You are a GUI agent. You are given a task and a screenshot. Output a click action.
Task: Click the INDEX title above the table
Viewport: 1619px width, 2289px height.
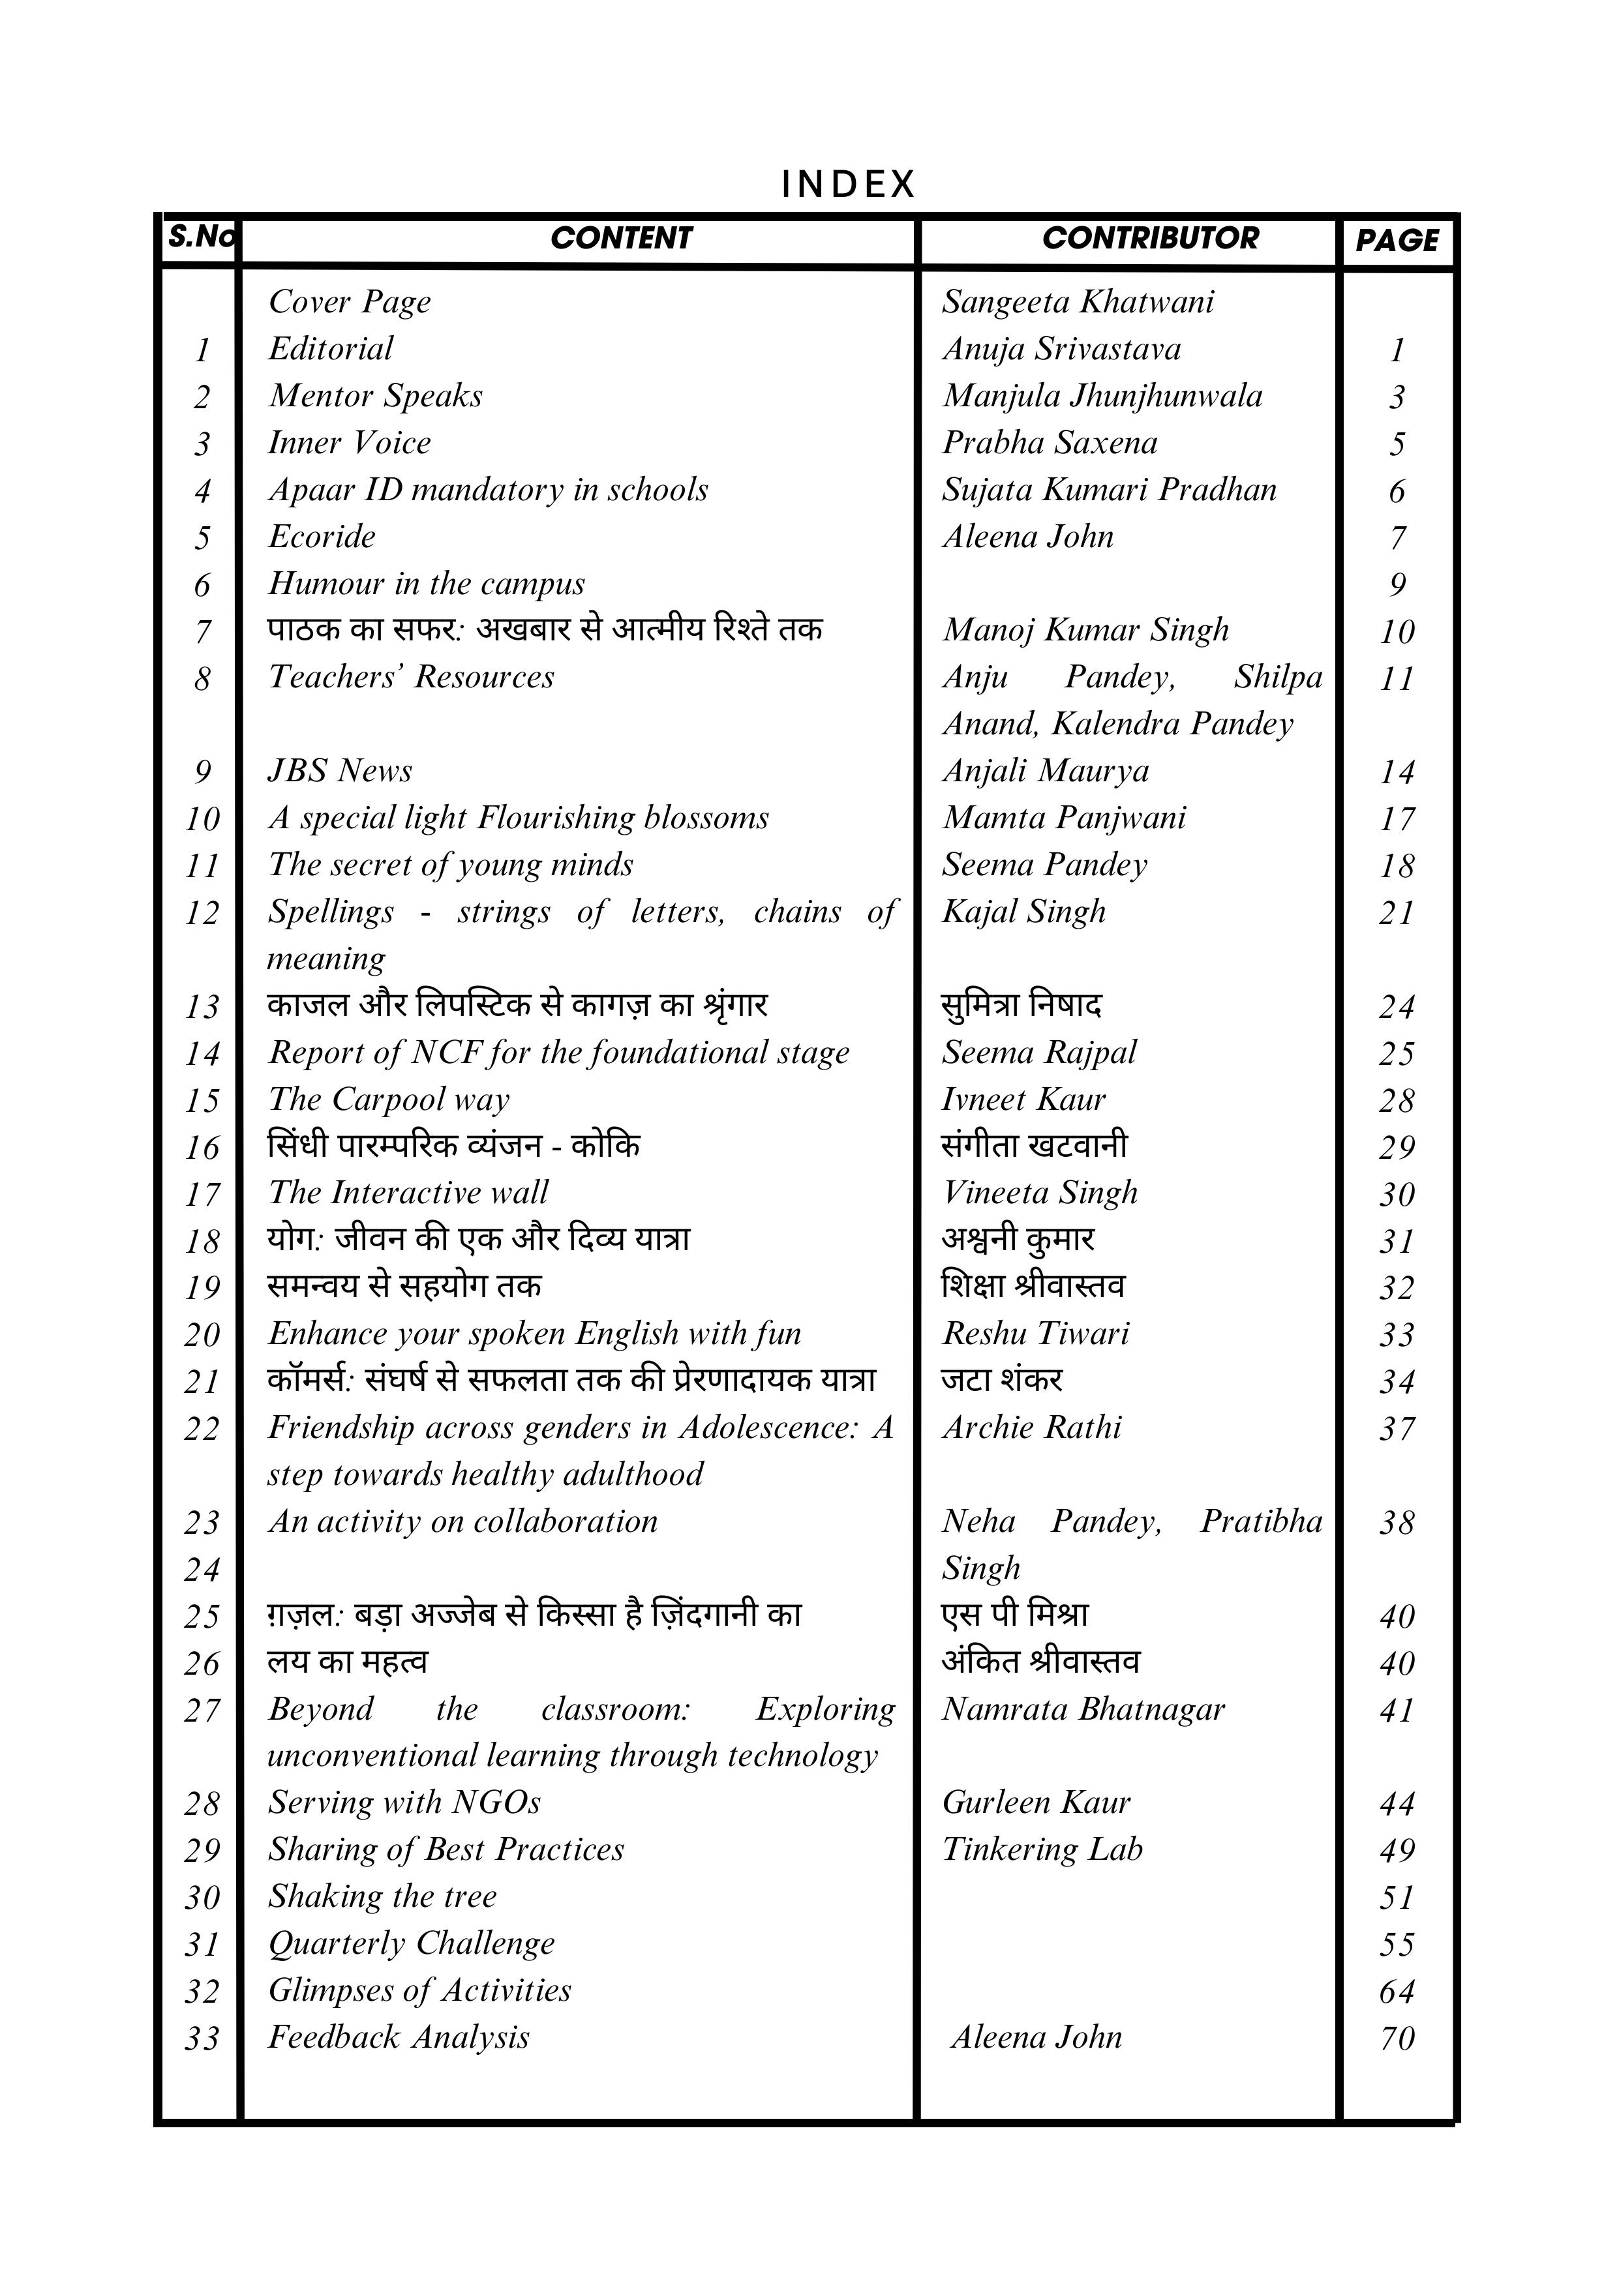847,185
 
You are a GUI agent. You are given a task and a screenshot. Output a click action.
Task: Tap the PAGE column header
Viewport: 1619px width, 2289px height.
1397,240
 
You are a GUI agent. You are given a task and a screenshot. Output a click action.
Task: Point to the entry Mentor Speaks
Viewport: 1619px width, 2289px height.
375,396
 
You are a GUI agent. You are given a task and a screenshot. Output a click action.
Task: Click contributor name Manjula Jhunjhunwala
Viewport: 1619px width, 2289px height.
1102,396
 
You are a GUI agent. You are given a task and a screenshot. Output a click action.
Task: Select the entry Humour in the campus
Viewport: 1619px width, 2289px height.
426,583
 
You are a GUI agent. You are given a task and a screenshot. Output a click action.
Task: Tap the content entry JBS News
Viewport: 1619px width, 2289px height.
339,771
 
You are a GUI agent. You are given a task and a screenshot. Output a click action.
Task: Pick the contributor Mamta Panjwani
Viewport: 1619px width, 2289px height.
1064,818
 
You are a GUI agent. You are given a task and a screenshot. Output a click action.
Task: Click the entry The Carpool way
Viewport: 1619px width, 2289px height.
388,1099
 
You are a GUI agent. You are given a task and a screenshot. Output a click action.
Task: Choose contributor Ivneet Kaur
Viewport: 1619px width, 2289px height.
1024,1099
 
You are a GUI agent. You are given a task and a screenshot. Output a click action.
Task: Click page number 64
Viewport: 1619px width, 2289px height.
1397,1991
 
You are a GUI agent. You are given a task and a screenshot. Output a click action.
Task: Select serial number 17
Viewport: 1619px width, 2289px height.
202,1193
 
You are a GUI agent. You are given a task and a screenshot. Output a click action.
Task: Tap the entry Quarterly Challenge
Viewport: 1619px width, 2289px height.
411,1943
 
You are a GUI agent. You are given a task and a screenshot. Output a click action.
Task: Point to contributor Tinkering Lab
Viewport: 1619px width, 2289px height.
1042,1849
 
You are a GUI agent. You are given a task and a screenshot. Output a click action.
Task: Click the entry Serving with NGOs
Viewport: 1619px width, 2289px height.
404,1803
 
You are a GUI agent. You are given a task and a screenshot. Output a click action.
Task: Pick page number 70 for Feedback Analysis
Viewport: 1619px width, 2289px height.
1397,2038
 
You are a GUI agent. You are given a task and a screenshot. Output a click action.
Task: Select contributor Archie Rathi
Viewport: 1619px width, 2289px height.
1032,1428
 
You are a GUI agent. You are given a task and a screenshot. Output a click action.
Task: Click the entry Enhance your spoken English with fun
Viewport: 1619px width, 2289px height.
534,1333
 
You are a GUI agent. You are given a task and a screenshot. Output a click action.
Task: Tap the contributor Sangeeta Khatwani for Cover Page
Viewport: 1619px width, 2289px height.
1078,302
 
